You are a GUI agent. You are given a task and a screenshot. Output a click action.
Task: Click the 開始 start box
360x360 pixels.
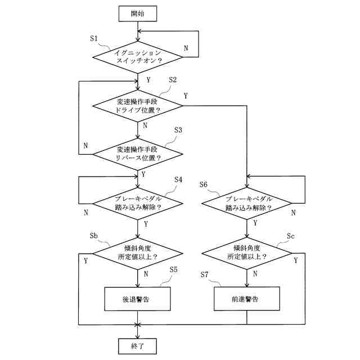pyautogui.click(x=138, y=13)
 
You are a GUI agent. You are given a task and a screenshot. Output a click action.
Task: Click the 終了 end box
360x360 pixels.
pyautogui.click(x=137, y=346)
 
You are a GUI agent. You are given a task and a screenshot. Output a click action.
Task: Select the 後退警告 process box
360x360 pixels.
pyautogui.click(x=137, y=299)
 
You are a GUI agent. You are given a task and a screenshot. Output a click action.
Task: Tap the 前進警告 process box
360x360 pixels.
pyautogui.click(x=247, y=299)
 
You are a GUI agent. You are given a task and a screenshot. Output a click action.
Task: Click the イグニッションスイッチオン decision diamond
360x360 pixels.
pyautogui.click(x=138, y=57)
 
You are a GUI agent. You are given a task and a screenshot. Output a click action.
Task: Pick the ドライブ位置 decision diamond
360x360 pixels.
pyautogui.click(x=137, y=106)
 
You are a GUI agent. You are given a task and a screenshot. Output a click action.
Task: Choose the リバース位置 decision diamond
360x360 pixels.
pyautogui.click(x=137, y=154)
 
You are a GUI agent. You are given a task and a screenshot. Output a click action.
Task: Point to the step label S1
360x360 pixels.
pyautogui.click(x=94, y=38)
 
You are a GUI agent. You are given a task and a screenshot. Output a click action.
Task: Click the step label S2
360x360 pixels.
pyautogui.click(x=173, y=80)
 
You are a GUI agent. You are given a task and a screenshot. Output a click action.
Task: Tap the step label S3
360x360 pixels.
pyautogui.click(x=178, y=130)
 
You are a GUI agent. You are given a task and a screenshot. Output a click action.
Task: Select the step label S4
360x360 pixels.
pyautogui.click(x=178, y=179)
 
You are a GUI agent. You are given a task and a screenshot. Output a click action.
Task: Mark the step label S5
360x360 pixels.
pyautogui.click(x=174, y=269)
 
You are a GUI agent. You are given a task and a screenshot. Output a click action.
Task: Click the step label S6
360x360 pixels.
pyautogui.click(x=204, y=184)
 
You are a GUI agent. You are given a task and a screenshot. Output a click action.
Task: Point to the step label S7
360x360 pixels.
pyautogui.click(x=204, y=274)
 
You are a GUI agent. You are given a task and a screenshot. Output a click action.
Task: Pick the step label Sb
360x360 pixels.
pyautogui.click(x=94, y=236)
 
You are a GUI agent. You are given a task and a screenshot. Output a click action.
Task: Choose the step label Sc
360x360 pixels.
pyautogui.click(x=291, y=236)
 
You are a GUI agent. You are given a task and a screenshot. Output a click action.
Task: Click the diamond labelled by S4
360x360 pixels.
pyautogui.click(x=137, y=204)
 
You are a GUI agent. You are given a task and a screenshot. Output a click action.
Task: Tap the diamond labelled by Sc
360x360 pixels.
pyautogui.click(x=247, y=254)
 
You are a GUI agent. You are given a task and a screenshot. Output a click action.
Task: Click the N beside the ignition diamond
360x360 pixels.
pyautogui.click(x=186, y=48)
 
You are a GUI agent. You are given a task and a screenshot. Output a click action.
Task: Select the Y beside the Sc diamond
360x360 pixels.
pyautogui.click(x=296, y=260)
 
